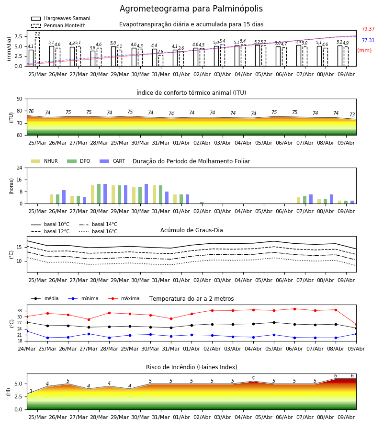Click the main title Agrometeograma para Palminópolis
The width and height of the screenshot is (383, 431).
click(191, 9)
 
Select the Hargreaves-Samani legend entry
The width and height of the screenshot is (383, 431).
click(61, 18)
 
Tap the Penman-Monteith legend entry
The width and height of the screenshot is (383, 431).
click(58, 25)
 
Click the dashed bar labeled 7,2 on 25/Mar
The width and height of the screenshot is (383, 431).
click(37, 52)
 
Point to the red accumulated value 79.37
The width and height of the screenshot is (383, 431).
click(368, 29)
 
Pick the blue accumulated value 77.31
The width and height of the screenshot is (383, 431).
click(368, 40)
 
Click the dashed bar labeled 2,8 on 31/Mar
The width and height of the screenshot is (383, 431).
click(161, 61)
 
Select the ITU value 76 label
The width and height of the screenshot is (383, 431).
click(31, 111)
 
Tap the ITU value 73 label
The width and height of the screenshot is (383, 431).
click(352, 114)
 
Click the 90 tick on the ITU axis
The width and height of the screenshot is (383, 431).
click(20, 99)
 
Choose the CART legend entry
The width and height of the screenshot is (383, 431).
click(113, 161)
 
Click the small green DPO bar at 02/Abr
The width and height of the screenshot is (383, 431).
click(202, 203)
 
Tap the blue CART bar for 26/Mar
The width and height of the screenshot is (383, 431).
click(64, 197)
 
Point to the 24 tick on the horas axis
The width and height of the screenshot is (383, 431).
click(20, 168)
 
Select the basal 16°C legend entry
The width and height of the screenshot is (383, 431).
click(98, 231)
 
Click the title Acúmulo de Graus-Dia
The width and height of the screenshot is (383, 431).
click(191, 230)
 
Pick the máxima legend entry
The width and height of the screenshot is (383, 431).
click(124, 298)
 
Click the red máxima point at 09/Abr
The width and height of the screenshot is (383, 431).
click(356, 325)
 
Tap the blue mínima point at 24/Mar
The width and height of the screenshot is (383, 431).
click(27, 331)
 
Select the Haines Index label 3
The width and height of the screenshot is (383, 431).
click(31, 391)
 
